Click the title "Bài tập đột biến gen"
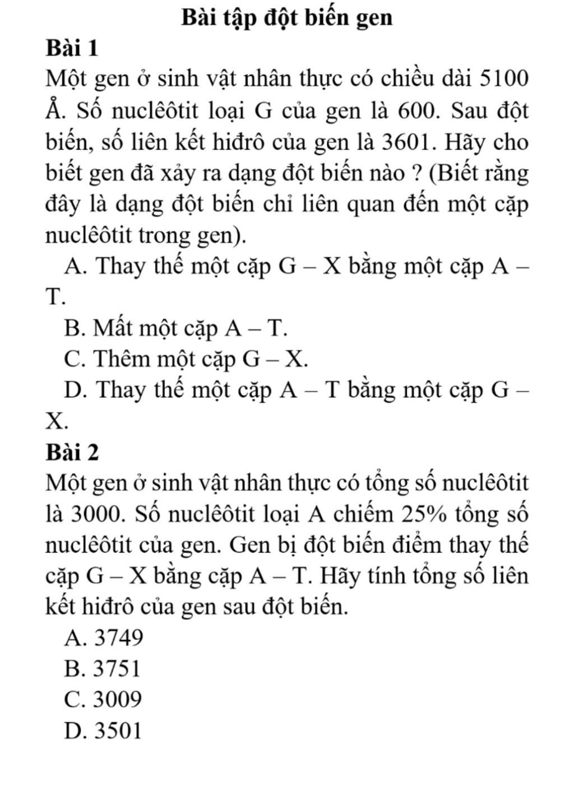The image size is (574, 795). pos(287,18)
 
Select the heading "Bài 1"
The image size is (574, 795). pos(72,49)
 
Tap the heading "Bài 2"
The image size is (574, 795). pos(72,452)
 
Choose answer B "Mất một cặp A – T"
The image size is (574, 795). pos(176,328)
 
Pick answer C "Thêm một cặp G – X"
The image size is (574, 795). pos(186,359)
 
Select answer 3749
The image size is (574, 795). pos(105,638)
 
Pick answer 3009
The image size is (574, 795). pos(104,699)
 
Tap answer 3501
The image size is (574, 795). pos(104,731)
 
